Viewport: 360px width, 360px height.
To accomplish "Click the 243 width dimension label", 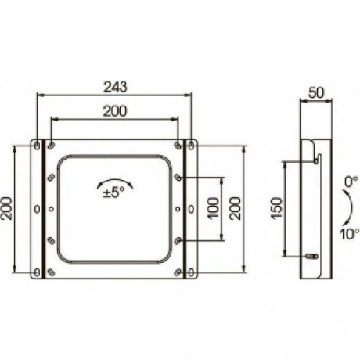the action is pos(115,87).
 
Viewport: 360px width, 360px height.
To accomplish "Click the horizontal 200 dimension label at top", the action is pos(115,111).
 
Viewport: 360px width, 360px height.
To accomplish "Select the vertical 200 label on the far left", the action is pos(6,208).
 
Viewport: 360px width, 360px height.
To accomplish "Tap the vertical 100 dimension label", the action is pos(213,208).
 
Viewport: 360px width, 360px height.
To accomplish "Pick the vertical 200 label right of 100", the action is pos(235,208).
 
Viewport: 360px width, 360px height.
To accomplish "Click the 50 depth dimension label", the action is pos(316,93).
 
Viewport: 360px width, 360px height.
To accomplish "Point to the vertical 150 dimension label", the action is pos(276,208).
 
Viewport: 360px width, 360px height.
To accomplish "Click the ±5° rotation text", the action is pos(114,193).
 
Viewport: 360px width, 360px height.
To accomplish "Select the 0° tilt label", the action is pos(351,182).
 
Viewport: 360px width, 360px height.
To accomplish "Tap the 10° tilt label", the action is pos(349,234).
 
